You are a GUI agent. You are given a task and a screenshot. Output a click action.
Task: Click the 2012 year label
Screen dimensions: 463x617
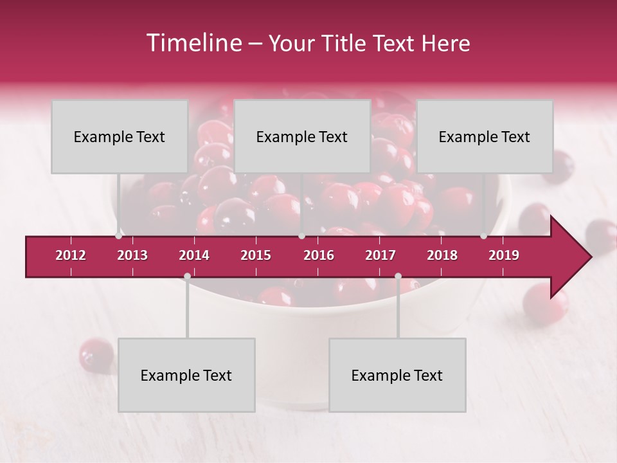tap(71, 255)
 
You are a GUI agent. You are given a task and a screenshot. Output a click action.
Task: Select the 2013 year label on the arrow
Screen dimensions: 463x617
tap(132, 255)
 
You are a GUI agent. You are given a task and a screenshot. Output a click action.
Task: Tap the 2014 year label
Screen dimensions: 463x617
tap(194, 255)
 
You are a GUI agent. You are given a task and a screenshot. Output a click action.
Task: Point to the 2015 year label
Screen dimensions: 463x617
tap(256, 255)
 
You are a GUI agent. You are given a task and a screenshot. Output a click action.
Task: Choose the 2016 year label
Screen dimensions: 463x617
tap(319, 255)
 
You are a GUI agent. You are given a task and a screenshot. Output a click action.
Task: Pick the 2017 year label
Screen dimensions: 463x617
tap(380, 255)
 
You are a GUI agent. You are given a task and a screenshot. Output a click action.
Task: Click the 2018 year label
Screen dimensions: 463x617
tap(442, 255)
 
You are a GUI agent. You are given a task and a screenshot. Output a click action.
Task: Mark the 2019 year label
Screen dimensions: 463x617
tap(504, 255)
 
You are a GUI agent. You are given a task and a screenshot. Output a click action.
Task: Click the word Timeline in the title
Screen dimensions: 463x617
tap(193, 43)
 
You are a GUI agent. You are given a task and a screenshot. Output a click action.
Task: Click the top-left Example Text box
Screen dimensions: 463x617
tap(120, 136)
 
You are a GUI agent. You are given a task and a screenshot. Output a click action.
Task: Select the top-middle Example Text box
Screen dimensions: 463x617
tap(302, 136)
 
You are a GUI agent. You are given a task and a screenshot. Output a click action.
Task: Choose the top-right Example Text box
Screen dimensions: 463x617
tap(485, 136)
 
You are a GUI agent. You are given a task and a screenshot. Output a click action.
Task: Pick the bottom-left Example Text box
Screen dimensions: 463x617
tap(186, 375)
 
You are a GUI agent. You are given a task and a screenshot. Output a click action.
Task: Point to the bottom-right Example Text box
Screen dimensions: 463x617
tap(397, 375)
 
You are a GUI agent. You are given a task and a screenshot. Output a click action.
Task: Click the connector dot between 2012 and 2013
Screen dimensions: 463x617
tap(118, 236)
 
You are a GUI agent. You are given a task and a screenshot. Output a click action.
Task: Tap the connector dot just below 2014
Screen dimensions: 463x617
tap(187, 277)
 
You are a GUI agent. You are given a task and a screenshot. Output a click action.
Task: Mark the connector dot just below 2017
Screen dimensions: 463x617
tap(398, 277)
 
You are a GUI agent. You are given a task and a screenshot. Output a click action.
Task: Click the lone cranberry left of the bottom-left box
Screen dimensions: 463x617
tap(96, 354)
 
